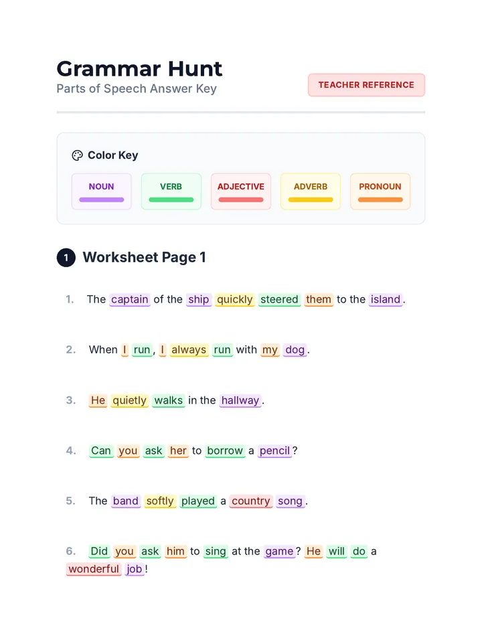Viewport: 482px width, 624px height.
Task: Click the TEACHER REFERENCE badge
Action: click(x=366, y=85)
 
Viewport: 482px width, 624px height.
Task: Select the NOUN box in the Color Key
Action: click(x=102, y=191)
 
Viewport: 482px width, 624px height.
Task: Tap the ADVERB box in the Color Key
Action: click(x=311, y=191)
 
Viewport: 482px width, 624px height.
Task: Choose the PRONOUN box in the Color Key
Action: click(x=380, y=191)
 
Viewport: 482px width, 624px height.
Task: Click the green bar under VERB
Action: click(x=171, y=200)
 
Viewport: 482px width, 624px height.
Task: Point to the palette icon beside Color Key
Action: click(x=77, y=155)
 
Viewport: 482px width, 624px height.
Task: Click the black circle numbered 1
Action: click(x=66, y=258)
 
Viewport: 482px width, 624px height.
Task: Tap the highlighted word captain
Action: click(x=130, y=300)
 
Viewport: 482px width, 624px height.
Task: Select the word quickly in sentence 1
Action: click(x=235, y=300)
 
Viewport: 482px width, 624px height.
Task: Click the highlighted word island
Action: click(x=386, y=300)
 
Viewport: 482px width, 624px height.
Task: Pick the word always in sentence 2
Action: click(x=189, y=350)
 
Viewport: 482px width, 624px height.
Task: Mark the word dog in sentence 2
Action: click(x=295, y=350)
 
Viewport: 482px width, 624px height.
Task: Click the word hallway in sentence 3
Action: click(x=240, y=401)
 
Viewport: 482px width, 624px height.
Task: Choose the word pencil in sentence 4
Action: click(x=274, y=451)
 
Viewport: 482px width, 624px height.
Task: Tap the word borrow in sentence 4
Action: click(x=225, y=451)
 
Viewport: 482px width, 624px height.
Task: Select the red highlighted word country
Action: click(x=251, y=501)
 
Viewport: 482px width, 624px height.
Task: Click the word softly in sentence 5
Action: click(x=160, y=501)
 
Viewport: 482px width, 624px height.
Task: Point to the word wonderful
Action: click(x=94, y=570)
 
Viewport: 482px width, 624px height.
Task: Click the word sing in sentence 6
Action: click(x=216, y=552)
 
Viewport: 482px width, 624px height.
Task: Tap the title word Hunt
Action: click(x=195, y=69)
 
